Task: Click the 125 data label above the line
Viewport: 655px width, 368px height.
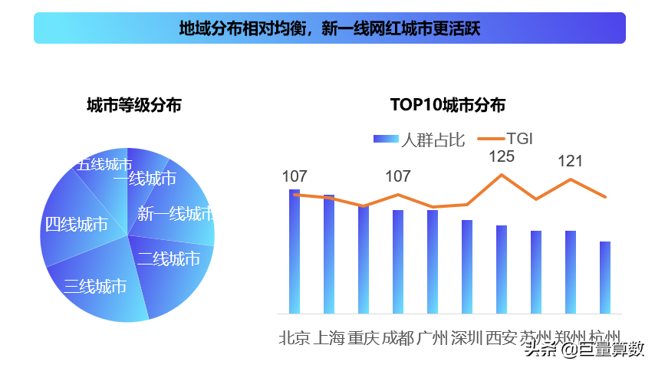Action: [502, 156]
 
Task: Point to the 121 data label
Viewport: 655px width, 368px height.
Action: [571, 161]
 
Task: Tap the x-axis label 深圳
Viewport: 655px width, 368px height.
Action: [466, 338]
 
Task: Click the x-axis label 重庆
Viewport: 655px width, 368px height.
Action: [364, 338]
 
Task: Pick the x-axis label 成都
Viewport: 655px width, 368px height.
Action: [398, 338]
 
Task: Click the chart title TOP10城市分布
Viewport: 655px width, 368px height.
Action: [448, 105]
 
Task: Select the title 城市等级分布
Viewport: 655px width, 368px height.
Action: [134, 105]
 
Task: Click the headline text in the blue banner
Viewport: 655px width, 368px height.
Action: [330, 28]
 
